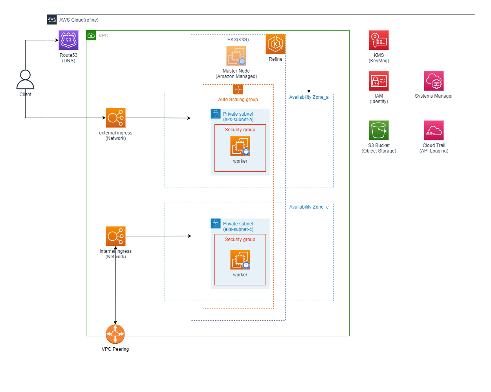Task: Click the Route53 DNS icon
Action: tap(69, 40)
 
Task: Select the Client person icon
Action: tap(25, 80)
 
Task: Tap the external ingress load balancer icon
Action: tap(115, 118)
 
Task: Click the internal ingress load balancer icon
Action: tap(115, 236)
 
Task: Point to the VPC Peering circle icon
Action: tap(115, 334)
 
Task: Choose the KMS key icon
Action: tap(379, 40)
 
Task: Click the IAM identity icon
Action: tap(379, 81)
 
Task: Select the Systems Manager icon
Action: tap(434, 81)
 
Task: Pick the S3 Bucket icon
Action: tap(379, 131)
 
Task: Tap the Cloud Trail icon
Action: tap(434, 131)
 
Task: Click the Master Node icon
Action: tap(236, 56)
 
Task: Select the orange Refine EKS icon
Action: tap(275, 44)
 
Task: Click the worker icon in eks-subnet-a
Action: tap(240, 146)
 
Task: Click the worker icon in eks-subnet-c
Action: tap(240, 260)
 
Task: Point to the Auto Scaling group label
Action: tap(238, 100)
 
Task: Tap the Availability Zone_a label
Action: tap(309, 97)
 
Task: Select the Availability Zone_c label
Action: tap(309, 207)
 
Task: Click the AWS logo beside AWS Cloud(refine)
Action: tap(52, 20)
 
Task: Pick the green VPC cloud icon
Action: tap(91, 36)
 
